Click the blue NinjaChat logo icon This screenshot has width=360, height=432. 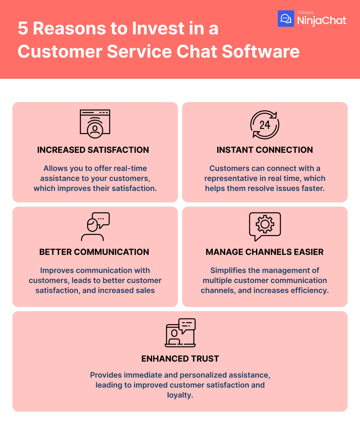(286, 19)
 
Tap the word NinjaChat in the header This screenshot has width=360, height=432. (322, 20)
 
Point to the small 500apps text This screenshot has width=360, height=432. (305, 12)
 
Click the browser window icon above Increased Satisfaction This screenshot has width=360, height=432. (95, 122)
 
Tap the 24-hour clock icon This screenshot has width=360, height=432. (265, 124)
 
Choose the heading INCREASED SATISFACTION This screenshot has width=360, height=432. (93, 150)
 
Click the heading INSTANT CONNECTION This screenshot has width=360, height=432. (265, 150)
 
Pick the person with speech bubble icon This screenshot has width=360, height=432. (95, 226)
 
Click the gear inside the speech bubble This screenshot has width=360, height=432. (265, 224)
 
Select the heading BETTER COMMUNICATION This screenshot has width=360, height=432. (94, 252)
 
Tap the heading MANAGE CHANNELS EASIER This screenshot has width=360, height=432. (265, 252)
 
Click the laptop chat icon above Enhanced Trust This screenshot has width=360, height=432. (180, 332)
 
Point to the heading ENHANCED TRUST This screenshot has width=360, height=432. (180, 359)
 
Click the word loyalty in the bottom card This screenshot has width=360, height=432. (180, 395)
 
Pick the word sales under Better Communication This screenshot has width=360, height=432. (145, 290)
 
